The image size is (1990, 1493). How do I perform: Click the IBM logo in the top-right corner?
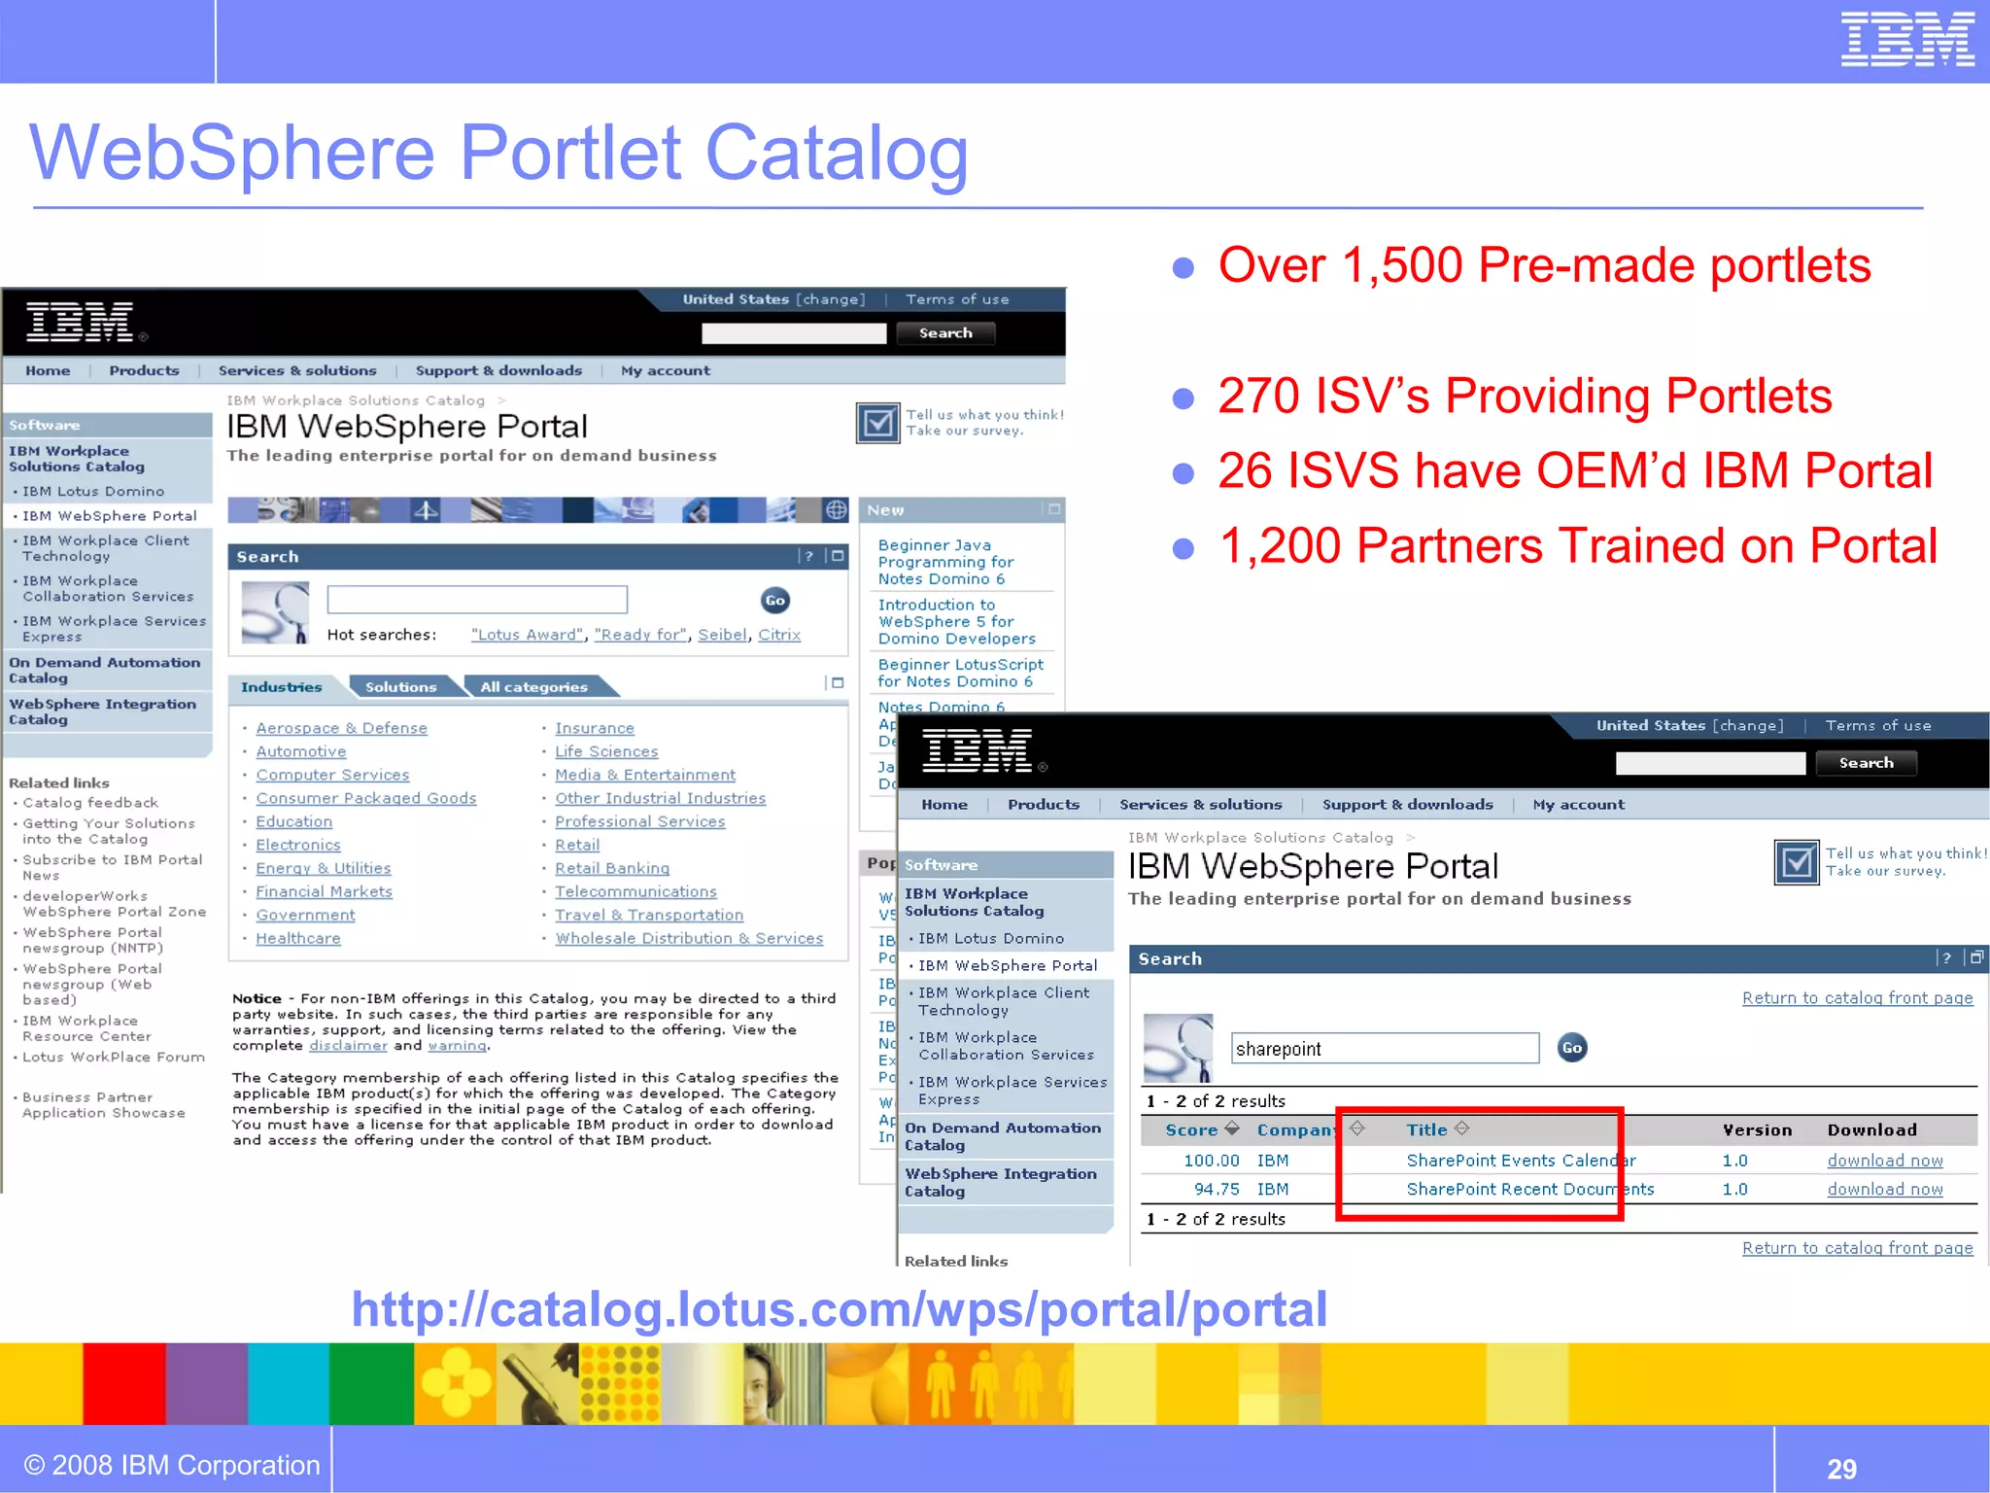(x=1906, y=40)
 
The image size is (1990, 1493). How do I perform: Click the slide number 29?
(x=1841, y=1468)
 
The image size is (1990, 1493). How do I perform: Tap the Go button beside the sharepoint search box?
(x=1571, y=1047)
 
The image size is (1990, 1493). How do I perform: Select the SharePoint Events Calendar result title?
(x=1521, y=1160)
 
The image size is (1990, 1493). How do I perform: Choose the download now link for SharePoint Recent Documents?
(x=1884, y=1189)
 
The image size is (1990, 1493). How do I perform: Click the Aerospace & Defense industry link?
(x=341, y=728)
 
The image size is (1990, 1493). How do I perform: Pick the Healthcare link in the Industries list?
(x=297, y=938)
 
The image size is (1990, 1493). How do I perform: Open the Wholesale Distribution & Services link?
(x=689, y=938)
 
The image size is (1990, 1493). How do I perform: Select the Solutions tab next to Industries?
(x=400, y=687)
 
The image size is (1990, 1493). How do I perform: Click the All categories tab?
(x=533, y=687)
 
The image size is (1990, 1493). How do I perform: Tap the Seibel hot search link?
(x=723, y=635)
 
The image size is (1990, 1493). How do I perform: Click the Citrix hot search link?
(x=779, y=635)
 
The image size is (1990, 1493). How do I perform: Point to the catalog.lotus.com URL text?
(x=839, y=1308)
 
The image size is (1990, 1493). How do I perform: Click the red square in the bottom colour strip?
(x=123, y=1383)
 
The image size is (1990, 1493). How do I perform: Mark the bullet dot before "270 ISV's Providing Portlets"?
(x=1183, y=398)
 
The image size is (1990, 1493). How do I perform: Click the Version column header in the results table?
(x=1757, y=1129)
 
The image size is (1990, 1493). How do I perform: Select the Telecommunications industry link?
(x=635, y=891)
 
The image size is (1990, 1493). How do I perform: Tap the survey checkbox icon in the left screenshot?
(x=877, y=423)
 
